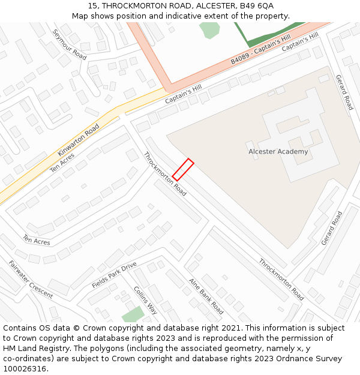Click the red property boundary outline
pyautogui.click(x=183, y=170)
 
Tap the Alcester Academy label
pyautogui.click(x=278, y=152)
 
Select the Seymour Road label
pyautogui.click(x=70, y=44)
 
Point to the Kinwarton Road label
pyautogui.click(x=79, y=140)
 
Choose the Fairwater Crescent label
pyautogui.click(x=31, y=279)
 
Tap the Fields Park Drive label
pyautogui.click(x=114, y=275)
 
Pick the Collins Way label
pyautogui.click(x=145, y=300)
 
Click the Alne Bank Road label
pyautogui.click(x=206, y=296)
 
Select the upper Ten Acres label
pyautogui.click(x=62, y=163)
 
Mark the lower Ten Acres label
pyautogui.click(x=37, y=240)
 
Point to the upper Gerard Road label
pyautogui.click(x=344, y=92)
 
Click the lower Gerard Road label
pyautogui.click(x=332, y=228)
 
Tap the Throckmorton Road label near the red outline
pyautogui.click(x=165, y=174)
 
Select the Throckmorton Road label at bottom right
pyautogui.click(x=281, y=280)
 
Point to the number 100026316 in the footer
pyautogui.click(x=23, y=369)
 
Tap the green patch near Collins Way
pyautogui.click(x=133, y=314)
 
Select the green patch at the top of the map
pyautogui.click(x=209, y=29)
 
